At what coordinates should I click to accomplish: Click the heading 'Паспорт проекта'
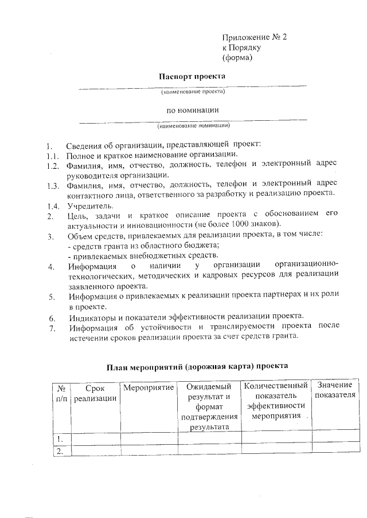(192, 76)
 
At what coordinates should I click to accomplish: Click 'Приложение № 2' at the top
(253, 37)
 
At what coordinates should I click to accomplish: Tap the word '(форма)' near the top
(237, 58)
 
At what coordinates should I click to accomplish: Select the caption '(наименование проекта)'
(192, 92)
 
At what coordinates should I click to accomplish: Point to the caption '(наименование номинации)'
(193, 125)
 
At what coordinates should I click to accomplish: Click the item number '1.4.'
(53, 205)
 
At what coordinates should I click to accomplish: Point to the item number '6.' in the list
(52, 318)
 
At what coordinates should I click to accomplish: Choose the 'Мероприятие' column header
(149, 388)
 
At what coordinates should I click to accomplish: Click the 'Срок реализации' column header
(96, 393)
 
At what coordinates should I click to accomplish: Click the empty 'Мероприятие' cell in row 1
(149, 439)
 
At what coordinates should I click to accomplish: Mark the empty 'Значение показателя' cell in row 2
(335, 452)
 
